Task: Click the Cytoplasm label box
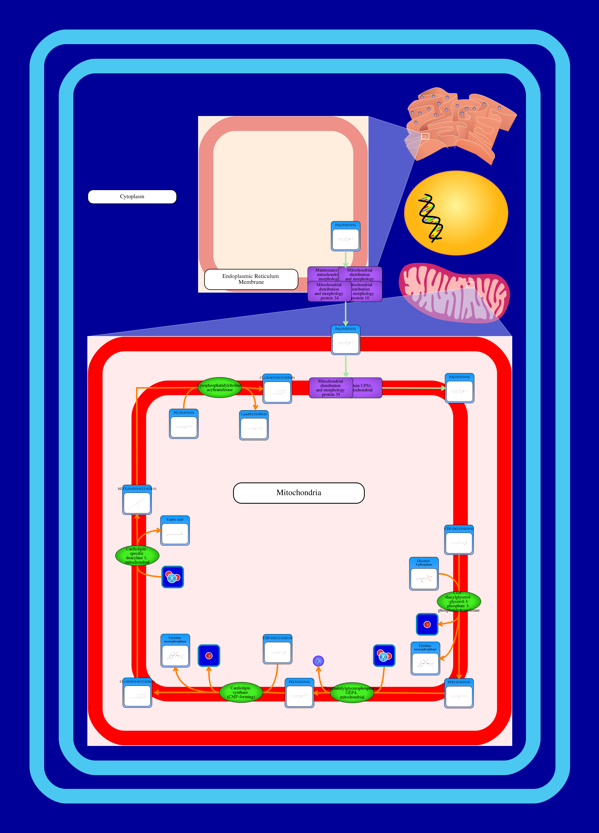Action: [132, 197]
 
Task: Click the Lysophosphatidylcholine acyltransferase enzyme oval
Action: [220, 387]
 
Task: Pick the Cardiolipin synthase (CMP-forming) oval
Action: [241, 692]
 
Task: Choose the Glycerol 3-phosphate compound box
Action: [424, 574]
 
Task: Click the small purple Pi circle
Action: [318, 661]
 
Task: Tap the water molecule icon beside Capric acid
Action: [173, 577]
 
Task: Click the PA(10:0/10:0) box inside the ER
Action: [346, 236]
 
